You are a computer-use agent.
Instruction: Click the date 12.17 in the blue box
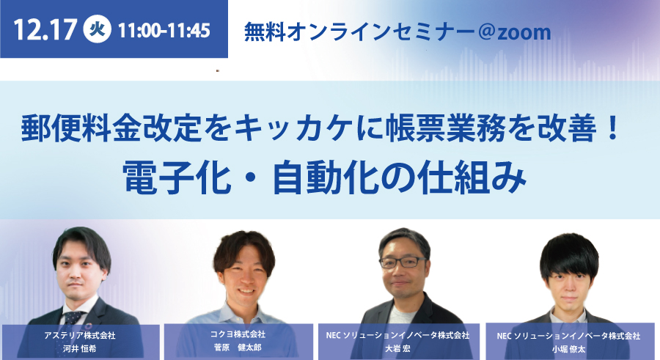(x=45, y=30)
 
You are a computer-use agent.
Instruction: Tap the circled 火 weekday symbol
(x=98, y=29)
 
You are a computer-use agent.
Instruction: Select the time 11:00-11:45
(x=164, y=30)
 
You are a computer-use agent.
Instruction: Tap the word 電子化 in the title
(x=177, y=177)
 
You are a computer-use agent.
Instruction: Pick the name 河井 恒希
(x=79, y=348)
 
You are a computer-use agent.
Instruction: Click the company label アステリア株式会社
(x=79, y=336)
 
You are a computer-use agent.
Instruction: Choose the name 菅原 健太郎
(x=238, y=348)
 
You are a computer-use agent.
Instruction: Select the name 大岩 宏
(x=397, y=348)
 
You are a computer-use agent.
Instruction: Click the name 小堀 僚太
(x=568, y=349)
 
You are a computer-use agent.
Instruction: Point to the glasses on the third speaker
(x=403, y=262)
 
